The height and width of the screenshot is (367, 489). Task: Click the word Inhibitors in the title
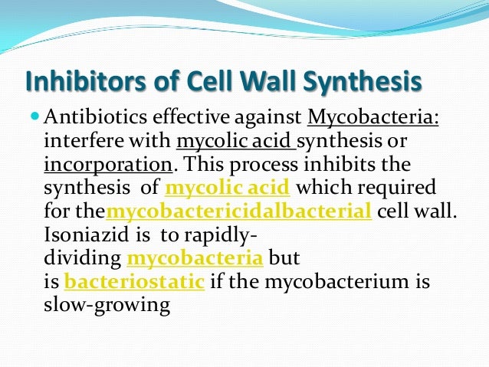(85, 80)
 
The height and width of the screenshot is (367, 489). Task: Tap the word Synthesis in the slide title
(362, 81)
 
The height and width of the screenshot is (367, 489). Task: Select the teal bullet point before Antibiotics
(35, 116)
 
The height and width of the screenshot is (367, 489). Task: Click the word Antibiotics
(95, 117)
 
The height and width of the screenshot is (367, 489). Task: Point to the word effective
(191, 117)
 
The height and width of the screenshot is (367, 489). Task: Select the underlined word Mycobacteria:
(373, 117)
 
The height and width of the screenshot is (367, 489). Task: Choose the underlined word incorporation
(108, 165)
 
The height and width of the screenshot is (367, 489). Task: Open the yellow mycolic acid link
(228, 188)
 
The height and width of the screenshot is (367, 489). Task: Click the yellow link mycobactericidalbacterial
(239, 211)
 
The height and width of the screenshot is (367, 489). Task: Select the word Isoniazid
(87, 234)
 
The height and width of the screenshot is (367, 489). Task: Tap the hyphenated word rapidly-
(221, 235)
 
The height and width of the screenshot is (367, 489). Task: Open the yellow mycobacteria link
(195, 258)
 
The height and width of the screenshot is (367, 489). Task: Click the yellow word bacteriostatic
(134, 281)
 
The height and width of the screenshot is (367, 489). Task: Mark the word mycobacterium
(336, 282)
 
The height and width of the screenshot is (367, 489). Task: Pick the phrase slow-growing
(107, 306)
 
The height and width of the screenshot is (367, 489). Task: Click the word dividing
(82, 259)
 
